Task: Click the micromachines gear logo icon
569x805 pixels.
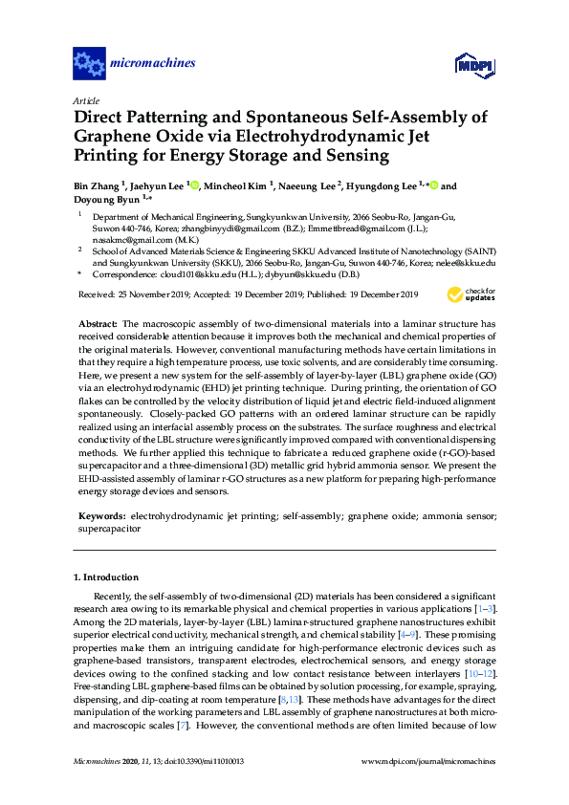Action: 89,64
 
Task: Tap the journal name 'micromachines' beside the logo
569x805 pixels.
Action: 154,64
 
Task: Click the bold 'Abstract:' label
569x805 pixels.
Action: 98,324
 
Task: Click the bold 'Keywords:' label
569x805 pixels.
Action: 101,514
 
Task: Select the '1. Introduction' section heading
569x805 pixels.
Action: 106,577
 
